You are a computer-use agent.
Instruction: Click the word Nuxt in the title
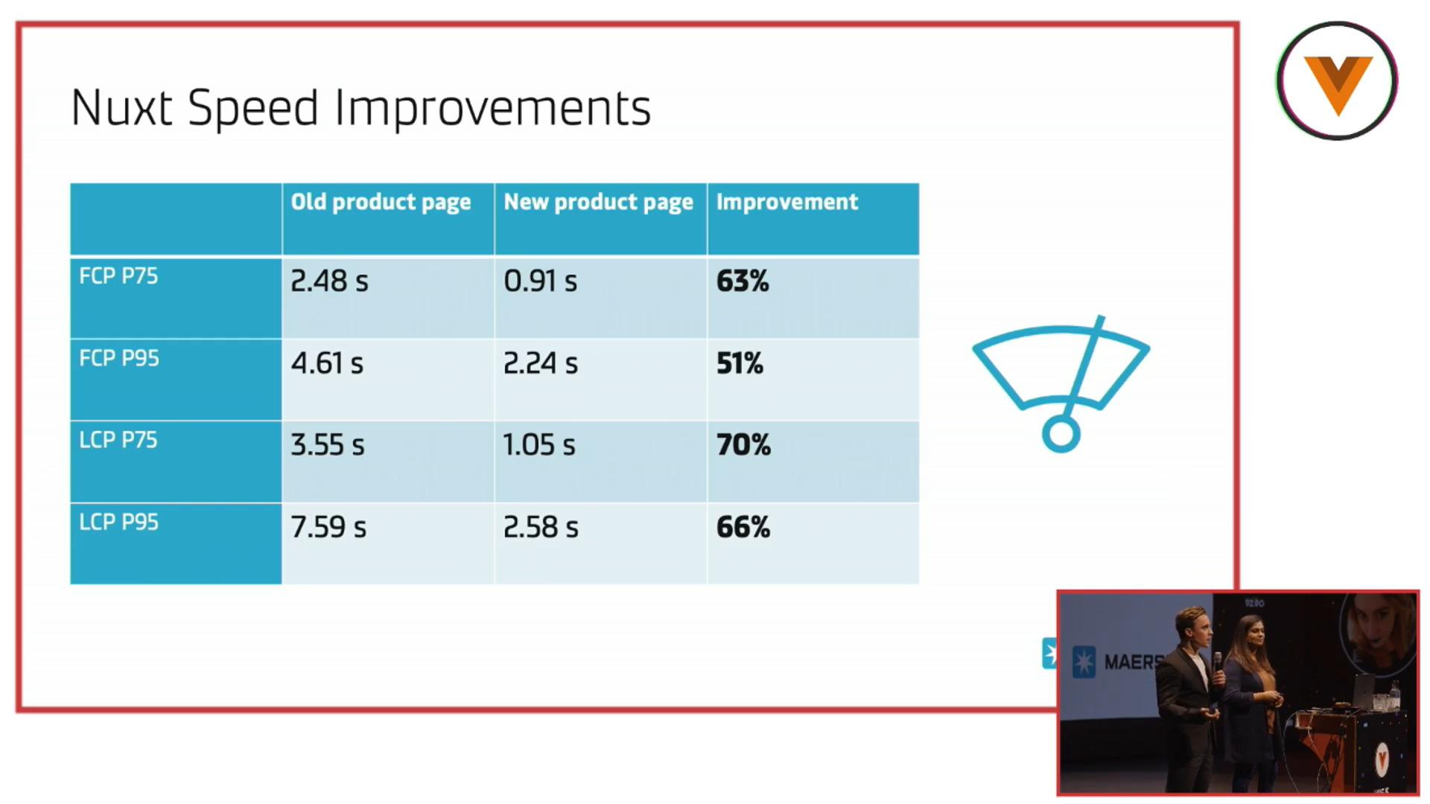(x=123, y=107)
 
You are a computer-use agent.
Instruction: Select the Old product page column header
(x=381, y=202)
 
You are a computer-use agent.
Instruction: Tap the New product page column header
(x=598, y=202)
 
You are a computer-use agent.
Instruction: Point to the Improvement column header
(x=787, y=202)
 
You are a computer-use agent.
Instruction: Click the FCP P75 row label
(x=118, y=276)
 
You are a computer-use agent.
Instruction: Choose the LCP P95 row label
(x=118, y=522)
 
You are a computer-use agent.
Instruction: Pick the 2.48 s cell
(x=329, y=281)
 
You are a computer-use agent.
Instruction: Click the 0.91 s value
(x=540, y=281)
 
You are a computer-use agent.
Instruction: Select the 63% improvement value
(x=743, y=281)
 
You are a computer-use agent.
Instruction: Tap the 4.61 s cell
(x=327, y=363)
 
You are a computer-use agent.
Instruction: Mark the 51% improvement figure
(x=740, y=363)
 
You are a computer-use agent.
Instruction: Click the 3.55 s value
(x=328, y=445)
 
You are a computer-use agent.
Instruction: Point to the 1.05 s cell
(x=539, y=445)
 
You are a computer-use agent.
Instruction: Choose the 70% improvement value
(x=743, y=445)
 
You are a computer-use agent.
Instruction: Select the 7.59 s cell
(x=328, y=527)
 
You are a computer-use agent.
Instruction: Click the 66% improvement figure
(x=743, y=527)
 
